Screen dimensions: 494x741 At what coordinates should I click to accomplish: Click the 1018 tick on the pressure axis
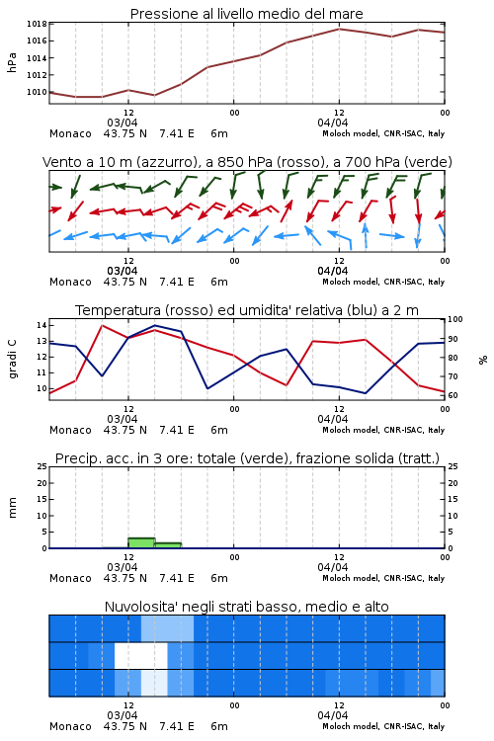pos(37,24)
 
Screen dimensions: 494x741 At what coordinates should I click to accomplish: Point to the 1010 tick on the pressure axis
pos(37,92)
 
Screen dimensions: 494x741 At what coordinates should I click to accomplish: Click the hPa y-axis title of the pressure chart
pos(12,62)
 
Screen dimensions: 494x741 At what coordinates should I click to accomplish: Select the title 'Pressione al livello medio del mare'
pos(247,14)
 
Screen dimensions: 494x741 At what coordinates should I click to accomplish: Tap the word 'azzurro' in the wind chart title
pos(166,162)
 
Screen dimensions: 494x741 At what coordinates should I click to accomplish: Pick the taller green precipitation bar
pos(142,543)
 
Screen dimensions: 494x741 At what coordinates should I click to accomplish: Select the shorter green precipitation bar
pos(168,545)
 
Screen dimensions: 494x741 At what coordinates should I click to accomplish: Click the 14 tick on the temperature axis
pos(41,325)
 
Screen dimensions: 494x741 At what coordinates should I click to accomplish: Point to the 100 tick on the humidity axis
pos(455,319)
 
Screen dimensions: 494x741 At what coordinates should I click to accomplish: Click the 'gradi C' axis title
pos(13,360)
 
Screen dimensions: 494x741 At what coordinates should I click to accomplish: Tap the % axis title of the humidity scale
pos(483,360)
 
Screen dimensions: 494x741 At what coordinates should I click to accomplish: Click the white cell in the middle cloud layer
pos(141,655)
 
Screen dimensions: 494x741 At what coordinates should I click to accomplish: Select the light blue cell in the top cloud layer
pos(167,628)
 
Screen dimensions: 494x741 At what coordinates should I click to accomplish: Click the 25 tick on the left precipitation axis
pos(42,466)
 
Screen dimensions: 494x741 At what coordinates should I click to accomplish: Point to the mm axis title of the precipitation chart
pos(13,508)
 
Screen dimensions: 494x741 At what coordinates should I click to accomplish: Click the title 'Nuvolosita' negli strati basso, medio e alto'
pos(247,607)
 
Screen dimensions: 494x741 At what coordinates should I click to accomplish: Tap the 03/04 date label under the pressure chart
pos(123,123)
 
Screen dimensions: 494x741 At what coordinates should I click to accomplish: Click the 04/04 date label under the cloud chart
pos(333,715)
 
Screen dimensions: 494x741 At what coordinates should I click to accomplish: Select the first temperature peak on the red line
pos(102,325)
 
